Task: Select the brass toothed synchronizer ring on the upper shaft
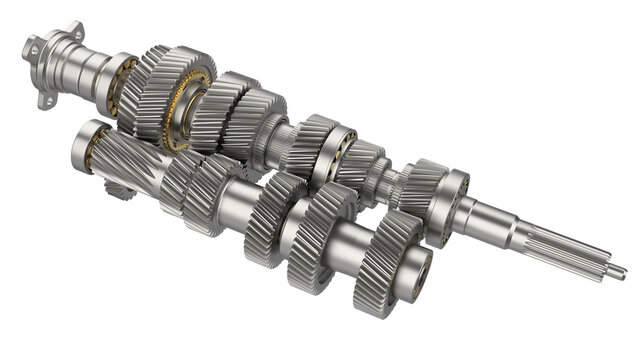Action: [180, 110]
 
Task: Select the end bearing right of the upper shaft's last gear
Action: [446, 204]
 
